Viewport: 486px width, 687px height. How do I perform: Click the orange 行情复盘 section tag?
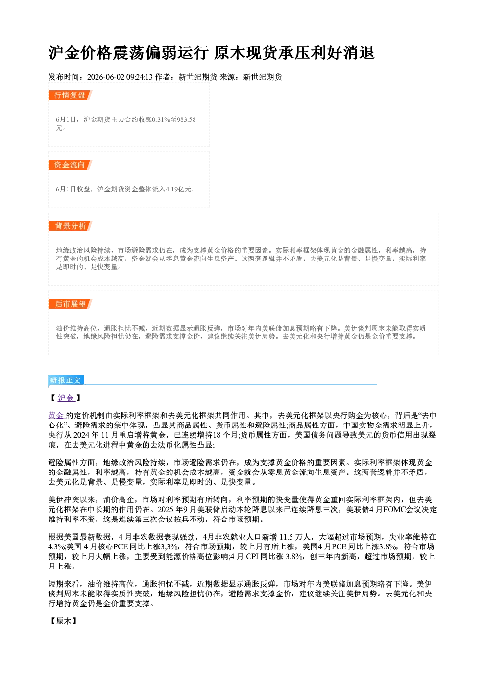coord(70,95)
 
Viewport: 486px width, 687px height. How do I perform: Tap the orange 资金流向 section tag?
coord(70,165)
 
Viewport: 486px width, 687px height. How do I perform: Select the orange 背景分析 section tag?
coord(70,226)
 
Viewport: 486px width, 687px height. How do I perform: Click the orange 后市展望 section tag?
coord(70,304)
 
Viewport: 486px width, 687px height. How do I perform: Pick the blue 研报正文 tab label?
coord(66,380)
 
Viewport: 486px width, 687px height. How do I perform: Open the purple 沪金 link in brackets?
coord(66,398)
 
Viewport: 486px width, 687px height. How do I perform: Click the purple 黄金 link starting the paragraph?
coord(56,416)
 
